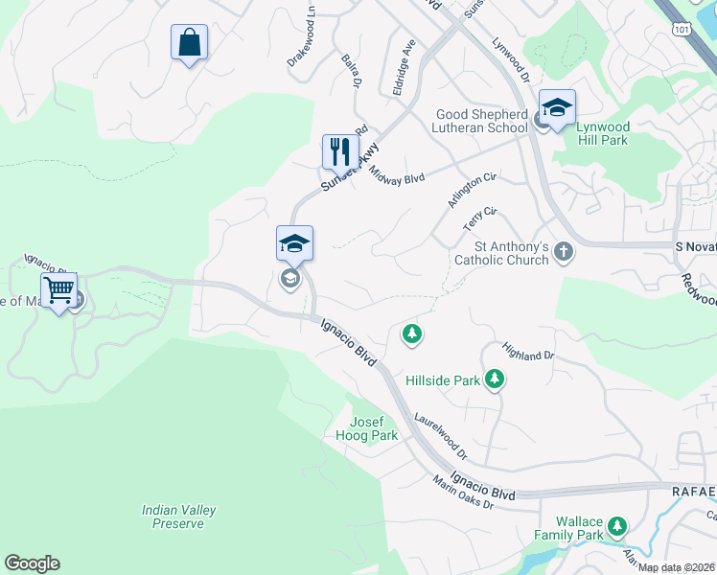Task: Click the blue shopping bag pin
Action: [x=189, y=43]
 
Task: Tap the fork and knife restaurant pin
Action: [x=339, y=152]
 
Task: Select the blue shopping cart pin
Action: [x=59, y=289]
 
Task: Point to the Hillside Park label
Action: [x=442, y=380]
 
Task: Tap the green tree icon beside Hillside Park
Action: [x=495, y=379]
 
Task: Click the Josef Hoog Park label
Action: [x=372, y=429]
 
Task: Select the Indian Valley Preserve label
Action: [x=178, y=517]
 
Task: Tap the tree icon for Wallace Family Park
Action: [x=617, y=525]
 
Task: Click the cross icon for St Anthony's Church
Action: [x=564, y=252]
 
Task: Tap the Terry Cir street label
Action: [x=480, y=218]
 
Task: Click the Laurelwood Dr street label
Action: [x=440, y=435]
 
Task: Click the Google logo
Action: [x=32, y=563]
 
